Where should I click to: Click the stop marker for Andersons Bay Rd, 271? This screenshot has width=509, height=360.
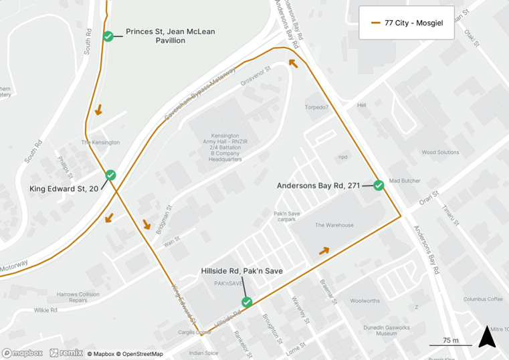coord(379,185)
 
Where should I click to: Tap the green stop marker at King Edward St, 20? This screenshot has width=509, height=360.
coord(110,175)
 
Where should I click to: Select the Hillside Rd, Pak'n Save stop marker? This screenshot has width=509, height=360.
coord(247,302)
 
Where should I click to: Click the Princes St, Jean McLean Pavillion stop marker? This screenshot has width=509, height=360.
coord(108,36)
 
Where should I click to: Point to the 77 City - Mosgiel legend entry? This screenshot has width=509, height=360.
coord(407,23)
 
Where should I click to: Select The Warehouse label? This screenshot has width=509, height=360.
coord(334,226)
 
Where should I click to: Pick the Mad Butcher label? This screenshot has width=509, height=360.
coord(405,181)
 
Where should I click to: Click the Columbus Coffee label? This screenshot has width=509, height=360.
coord(483,299)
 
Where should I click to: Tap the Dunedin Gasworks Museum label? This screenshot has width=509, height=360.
coord(377,329)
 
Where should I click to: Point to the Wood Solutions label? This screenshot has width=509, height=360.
coord(440,153)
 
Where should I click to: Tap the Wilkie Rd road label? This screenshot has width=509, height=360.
coord(45,310)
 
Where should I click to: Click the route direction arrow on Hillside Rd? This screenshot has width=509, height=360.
coord(324,251)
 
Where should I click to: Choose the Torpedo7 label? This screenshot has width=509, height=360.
coord(316,107)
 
